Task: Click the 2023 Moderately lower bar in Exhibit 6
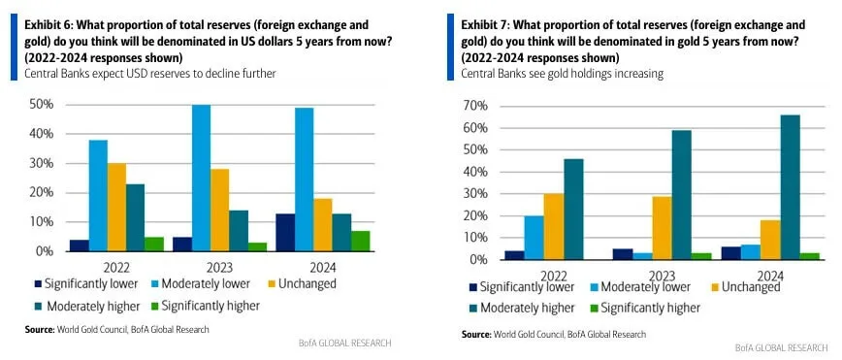click(201, 178)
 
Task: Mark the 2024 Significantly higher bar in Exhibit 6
click(359, 241)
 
